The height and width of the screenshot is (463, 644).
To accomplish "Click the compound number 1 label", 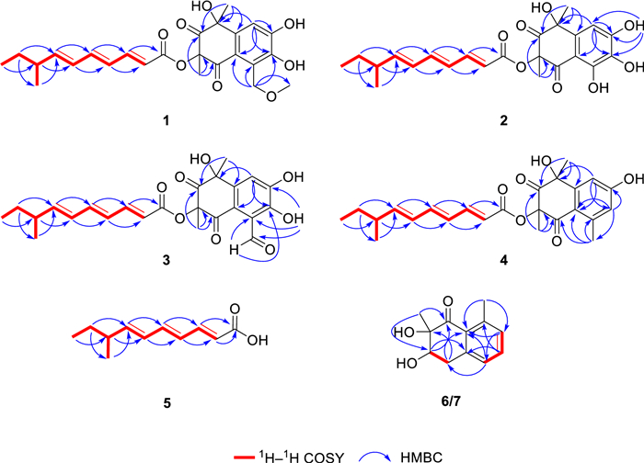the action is (166, 120).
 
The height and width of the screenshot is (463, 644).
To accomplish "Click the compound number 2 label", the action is (503, 120).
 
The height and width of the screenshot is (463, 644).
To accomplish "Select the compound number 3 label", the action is (166, 260).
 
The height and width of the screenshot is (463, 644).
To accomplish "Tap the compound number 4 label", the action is (503, 260).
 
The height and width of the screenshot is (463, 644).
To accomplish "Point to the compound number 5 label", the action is (167, 403).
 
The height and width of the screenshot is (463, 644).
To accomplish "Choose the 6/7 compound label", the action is (451, 401).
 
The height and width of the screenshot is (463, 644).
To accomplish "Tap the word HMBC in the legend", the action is (421, 457).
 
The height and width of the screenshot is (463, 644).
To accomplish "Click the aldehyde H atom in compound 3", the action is (234, 250).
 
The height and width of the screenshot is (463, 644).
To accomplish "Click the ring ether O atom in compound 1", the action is (270, 96).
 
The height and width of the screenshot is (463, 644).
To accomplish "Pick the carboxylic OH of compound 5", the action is (258, 340).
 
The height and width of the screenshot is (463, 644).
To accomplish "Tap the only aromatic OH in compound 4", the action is (633, 178).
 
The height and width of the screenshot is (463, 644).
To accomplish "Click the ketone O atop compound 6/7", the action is (448, 302).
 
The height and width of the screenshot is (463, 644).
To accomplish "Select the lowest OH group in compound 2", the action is (598, 87).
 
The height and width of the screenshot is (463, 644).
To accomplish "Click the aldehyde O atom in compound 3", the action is (270, 249).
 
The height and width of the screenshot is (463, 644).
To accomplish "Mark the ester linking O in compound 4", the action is (521, 220).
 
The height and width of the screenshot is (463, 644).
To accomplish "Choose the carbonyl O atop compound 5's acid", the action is (235, 309).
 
